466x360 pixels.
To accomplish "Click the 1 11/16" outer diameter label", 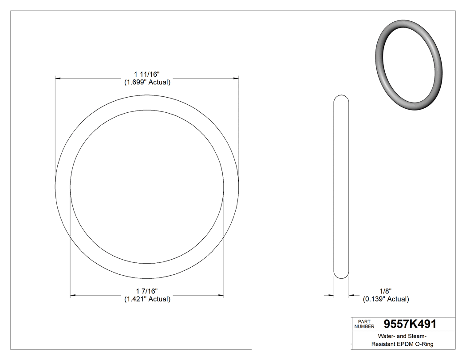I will [x=146, y=74].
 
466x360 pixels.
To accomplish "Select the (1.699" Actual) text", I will [x=147, y=82].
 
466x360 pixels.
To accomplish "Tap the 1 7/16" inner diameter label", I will [x=146, y=291].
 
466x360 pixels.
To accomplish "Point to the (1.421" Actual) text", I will [x=147, y=299].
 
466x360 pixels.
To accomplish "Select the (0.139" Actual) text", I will [x=386, y=299].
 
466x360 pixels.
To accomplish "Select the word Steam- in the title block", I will [x=416, y=336].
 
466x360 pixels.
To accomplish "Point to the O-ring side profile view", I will [x=341, y=186].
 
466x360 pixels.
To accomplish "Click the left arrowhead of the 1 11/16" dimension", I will [x=58, y=78].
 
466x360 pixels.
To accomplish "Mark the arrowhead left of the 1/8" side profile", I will [x=331, y=295].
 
